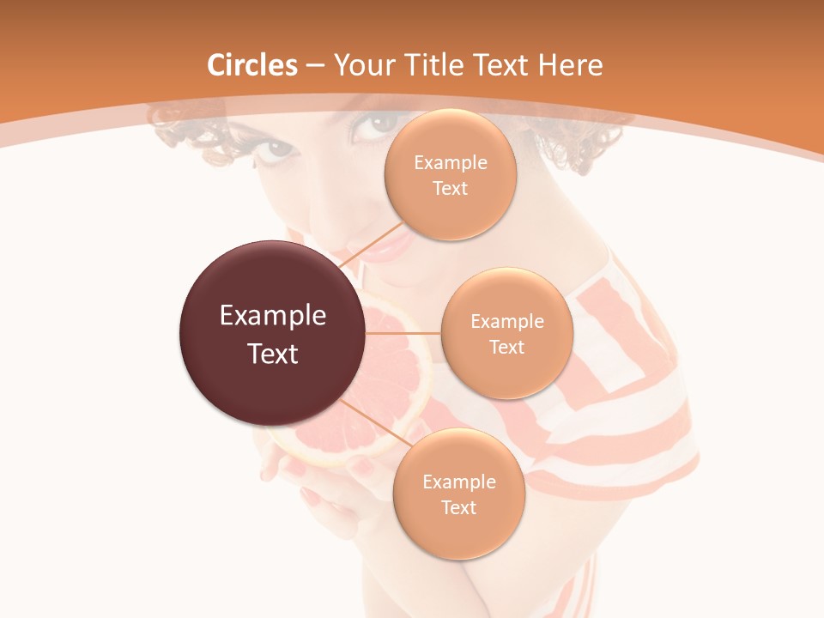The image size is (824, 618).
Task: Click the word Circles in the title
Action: [x=252, y=65]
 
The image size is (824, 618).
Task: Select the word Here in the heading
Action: [x=570, y=65]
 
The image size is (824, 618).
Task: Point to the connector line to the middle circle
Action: [x=403, y=333]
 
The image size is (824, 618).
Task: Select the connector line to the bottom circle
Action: [x=371, y=421]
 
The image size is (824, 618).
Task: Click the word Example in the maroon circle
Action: [x=273, y=316]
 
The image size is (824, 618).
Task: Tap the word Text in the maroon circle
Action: [x=273, y=354]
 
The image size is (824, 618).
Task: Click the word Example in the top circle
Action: [x=451, y=163]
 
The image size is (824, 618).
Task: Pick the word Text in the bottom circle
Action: [x=458, y=507]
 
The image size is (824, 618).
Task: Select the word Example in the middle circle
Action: [x=507, y=322]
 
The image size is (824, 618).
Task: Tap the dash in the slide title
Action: [x=315, y=65]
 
